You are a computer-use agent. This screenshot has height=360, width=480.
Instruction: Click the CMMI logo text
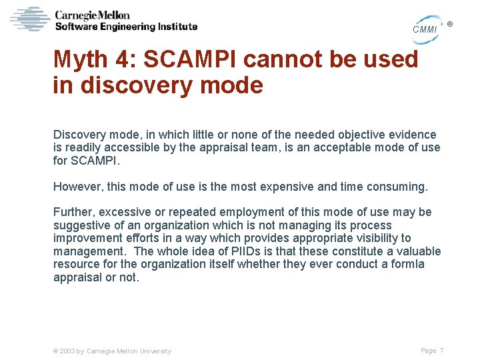[x=425, y=29]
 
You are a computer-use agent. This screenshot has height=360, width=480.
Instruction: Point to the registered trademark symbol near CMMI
[x=450, y=25]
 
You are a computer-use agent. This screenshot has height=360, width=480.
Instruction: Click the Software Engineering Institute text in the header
[x=126, y=27]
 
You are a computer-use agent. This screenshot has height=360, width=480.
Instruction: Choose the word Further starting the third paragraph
[x=74, y=212]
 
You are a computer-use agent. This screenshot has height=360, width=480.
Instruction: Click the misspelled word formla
[x=409, y=264]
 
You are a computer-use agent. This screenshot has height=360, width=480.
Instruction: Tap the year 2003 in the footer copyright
[x=67, y=351]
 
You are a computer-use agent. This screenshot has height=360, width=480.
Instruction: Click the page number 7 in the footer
[x=441, y=350]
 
